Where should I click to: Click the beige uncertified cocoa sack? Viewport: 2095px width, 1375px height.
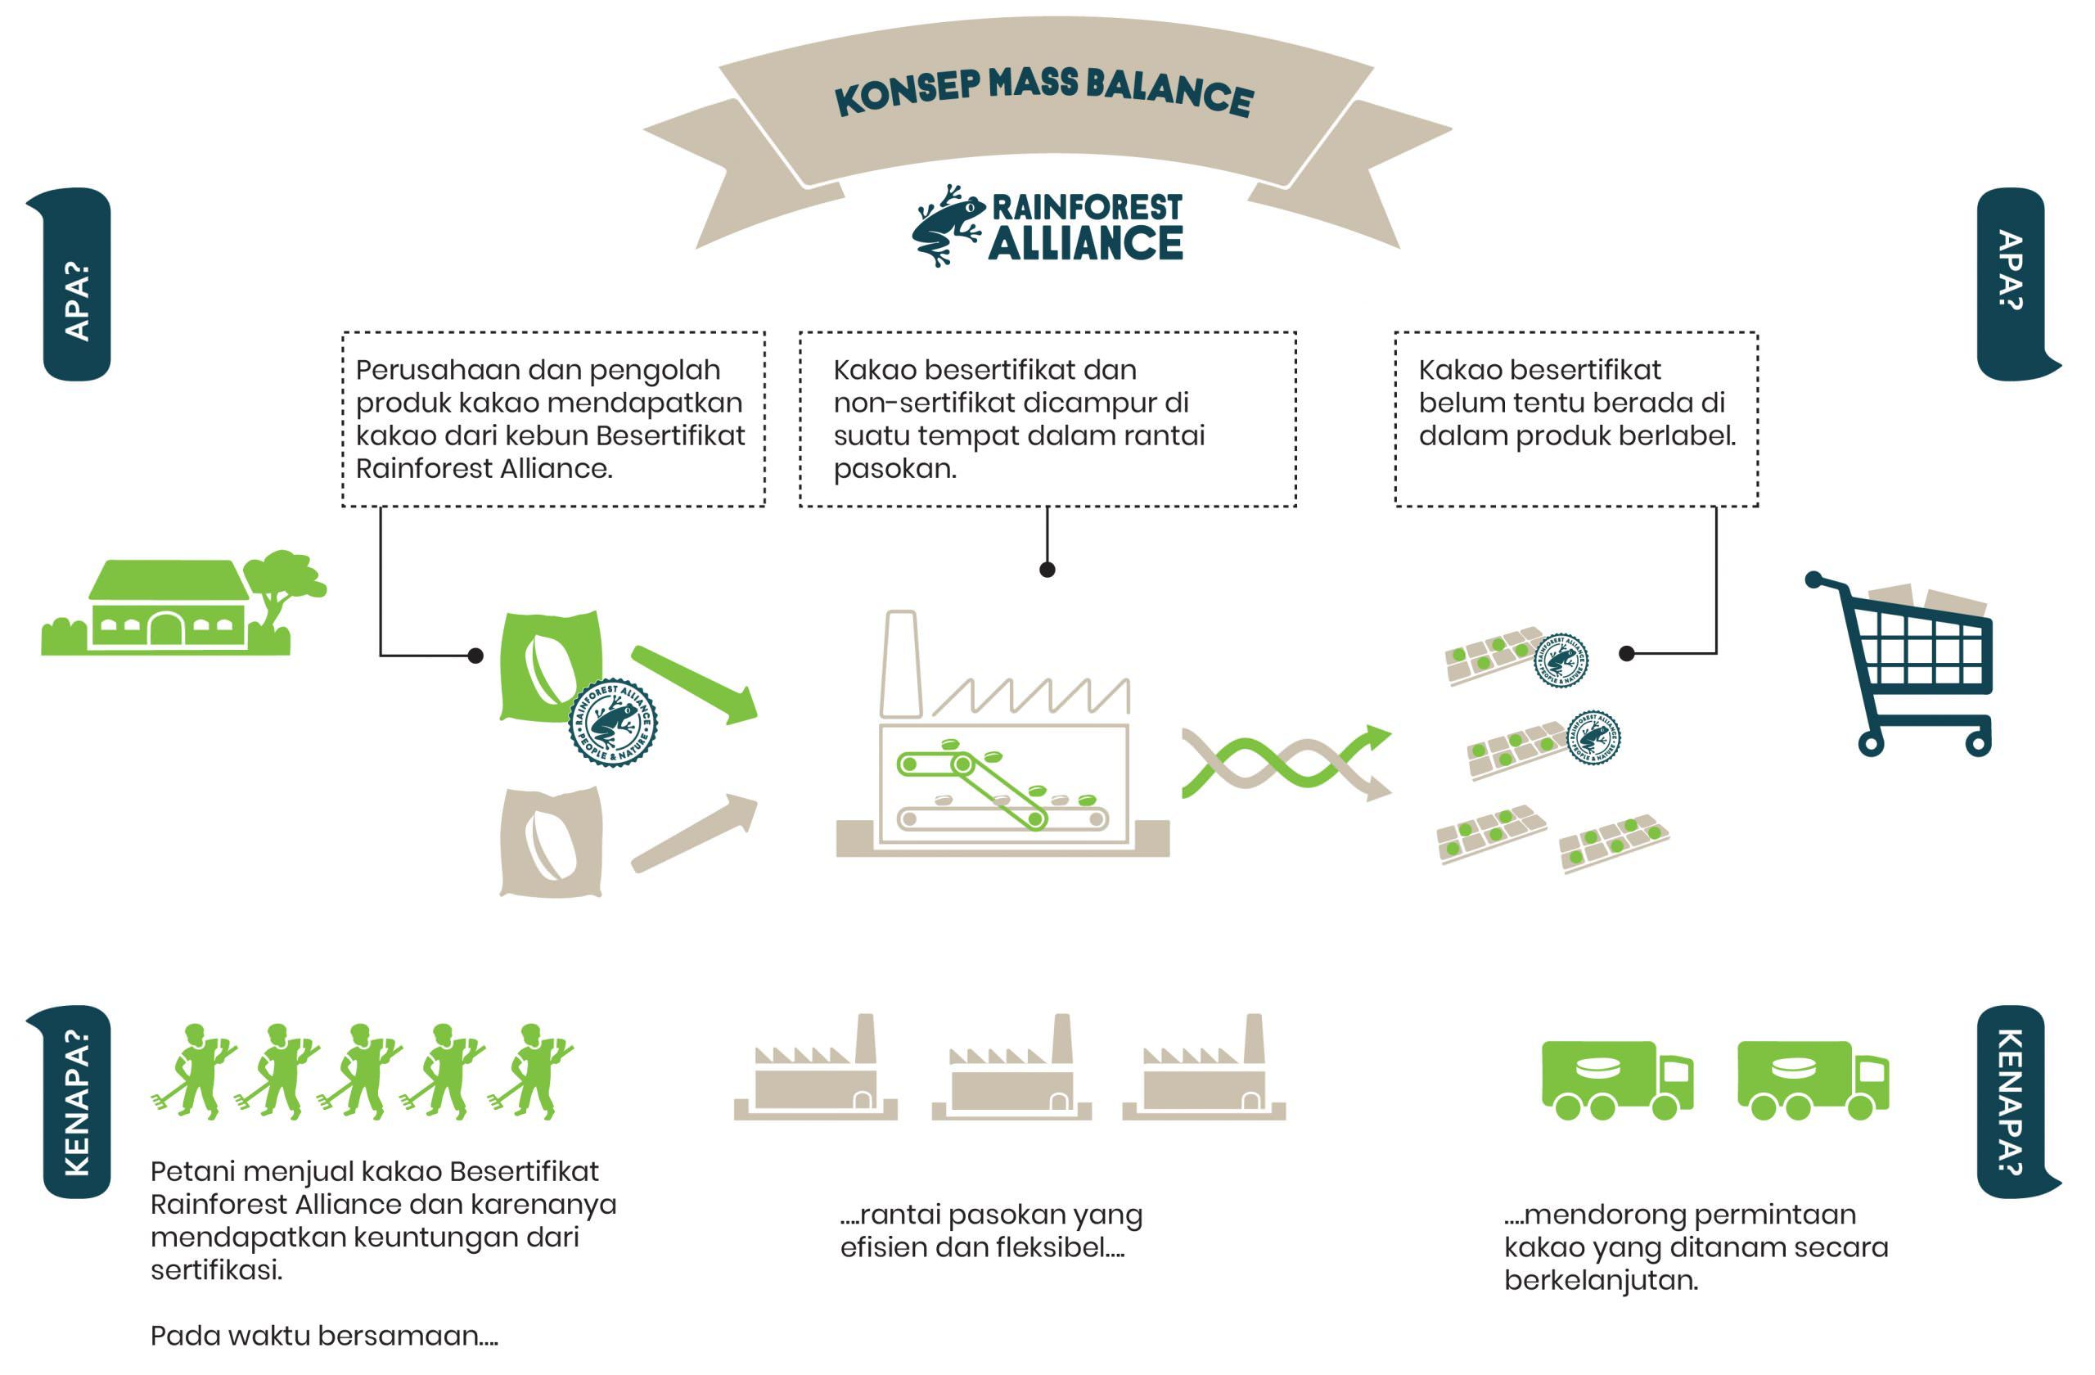(551, 842)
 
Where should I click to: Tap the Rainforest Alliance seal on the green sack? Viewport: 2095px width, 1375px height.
(613, 722)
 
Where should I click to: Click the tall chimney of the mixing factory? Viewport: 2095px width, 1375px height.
(899, 665)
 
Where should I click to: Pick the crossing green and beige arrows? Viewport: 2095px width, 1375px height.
(1285, 761)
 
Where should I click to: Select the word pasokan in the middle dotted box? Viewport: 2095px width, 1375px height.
(894, 469)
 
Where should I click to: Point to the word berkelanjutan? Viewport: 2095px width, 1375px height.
(1600, 1281)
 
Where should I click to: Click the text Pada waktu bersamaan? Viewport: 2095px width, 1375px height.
(323, 1336)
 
